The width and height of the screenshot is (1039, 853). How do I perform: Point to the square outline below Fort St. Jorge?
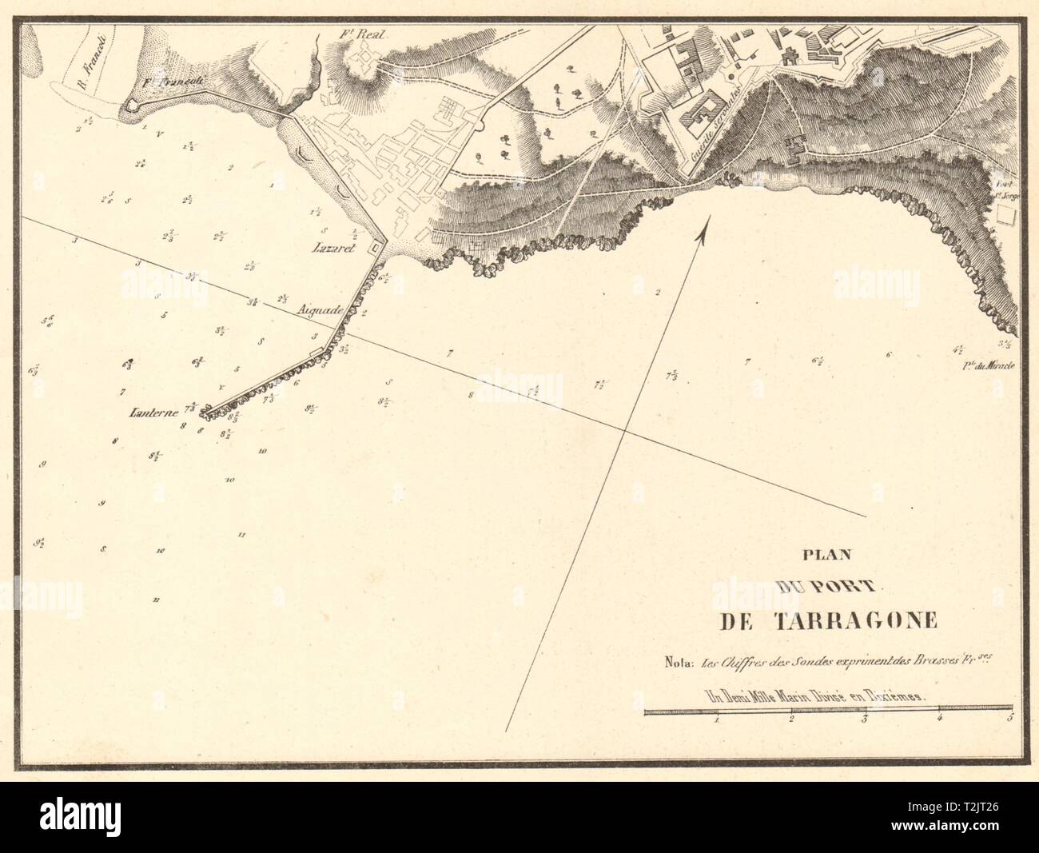point(1006,213)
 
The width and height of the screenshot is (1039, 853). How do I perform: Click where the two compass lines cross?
point(623,432)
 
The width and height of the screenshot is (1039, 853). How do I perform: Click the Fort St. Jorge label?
point(1003,186)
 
